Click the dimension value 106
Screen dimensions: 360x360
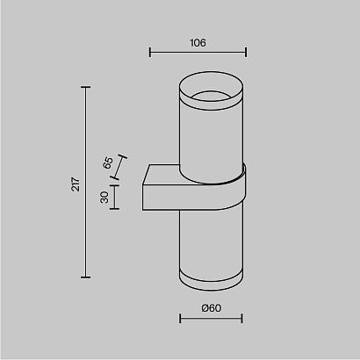pos(198,41)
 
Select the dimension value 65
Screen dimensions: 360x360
pos(109,162)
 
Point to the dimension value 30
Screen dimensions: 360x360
pos(104,198)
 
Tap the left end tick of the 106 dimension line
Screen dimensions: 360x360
pos(150,52)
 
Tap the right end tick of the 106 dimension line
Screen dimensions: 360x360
pos(246,52)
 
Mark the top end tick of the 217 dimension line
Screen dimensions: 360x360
pos(85,87)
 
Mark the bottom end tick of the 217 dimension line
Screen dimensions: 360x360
pos(85,276)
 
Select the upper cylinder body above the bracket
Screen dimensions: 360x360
pos(210,136)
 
